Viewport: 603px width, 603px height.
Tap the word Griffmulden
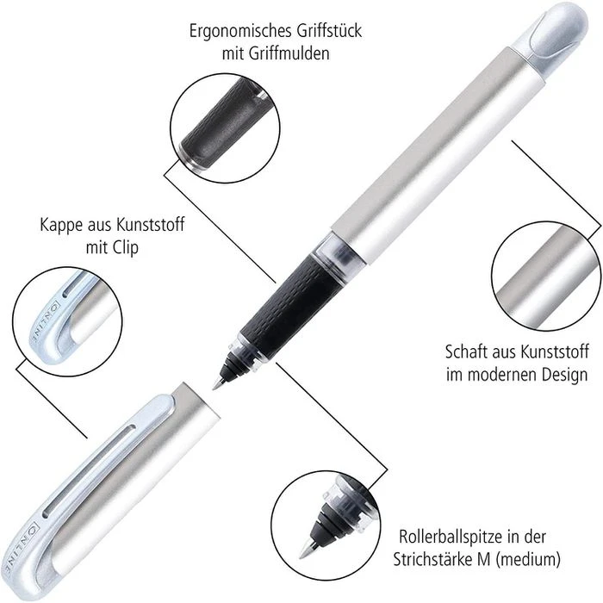(289, 53)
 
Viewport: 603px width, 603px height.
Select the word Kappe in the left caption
(61, 225)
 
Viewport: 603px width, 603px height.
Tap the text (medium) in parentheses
(528, 559)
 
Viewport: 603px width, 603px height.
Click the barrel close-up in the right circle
(546, 276)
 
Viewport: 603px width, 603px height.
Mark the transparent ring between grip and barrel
(332, 250)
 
